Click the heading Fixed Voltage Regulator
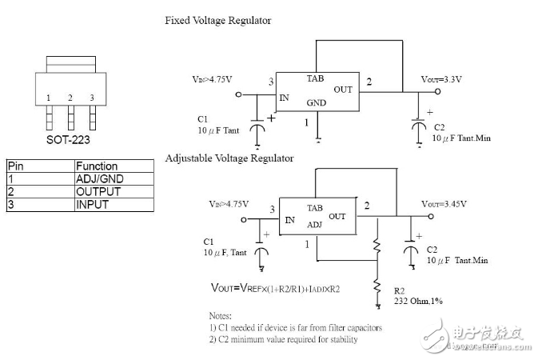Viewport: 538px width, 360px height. [218, 20]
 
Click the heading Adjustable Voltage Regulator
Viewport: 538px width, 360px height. [229, 158]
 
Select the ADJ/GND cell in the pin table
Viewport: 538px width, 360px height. [99, 179]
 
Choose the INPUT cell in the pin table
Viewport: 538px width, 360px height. [92, 204]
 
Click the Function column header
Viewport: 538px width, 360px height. [97, 166]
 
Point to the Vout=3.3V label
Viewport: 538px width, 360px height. [441, 78]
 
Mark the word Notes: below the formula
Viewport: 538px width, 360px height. [221, 316]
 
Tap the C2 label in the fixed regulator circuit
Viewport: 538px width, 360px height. [439, 127]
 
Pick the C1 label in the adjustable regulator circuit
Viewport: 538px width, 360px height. [209, 241]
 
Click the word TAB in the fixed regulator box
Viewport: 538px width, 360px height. [315, 78]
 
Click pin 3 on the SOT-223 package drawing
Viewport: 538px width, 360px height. [92, 98]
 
